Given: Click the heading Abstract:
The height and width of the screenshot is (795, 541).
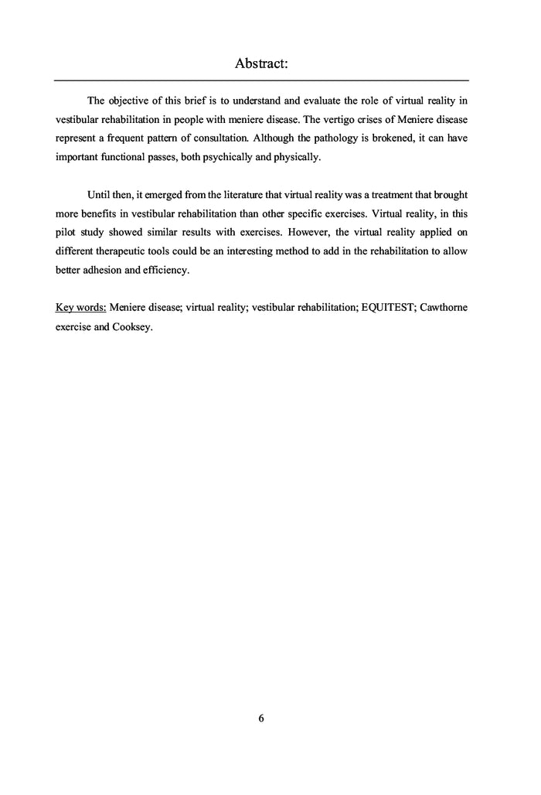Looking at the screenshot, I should point(261,64).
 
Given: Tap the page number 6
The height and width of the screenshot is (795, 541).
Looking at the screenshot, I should point(261,718).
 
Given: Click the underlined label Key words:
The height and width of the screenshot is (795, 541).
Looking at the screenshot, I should point(81,307).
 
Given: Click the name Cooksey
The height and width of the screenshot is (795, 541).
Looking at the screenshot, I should point(133,326).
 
